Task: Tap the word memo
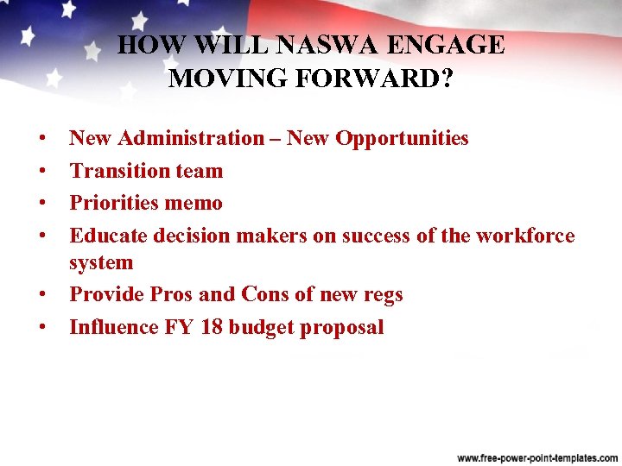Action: (198, 204)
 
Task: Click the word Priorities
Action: (117, 204)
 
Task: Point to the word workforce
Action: (524, 236)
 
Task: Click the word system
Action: (101, 262)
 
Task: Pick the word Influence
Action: (112, 327)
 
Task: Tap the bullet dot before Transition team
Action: (41, 171)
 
